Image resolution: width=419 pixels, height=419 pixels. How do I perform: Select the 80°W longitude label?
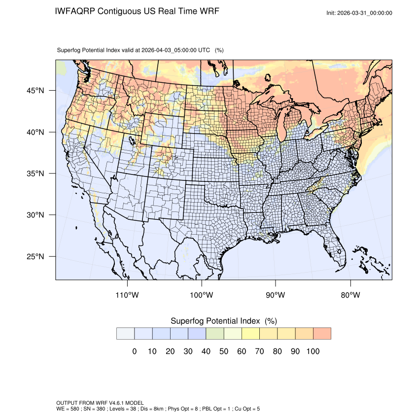(x=350, y=295)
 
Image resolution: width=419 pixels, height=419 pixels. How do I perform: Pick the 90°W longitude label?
(x=276, y=295)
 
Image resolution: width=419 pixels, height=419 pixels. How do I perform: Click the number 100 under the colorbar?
(x=313, y=351)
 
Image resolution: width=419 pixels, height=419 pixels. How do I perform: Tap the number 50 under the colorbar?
(x=224, y=351)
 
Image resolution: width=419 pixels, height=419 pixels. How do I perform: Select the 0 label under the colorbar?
(x=134, y=351)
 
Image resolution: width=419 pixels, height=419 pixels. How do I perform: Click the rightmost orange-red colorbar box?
(x=322, y=334)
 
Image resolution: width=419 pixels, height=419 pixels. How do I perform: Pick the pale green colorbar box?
(x=215, y=334)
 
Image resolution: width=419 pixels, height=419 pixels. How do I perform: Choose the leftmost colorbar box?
(x=125, y=334)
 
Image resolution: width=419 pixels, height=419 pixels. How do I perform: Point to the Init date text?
(x=359, y=13)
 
